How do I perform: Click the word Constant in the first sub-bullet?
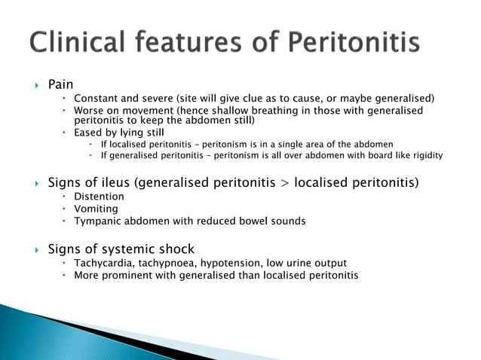(x=96, y=99)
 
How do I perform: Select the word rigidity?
(x=424, y=156)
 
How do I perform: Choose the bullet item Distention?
(x=99, y=197)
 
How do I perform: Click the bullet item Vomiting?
(x=96, y=209)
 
